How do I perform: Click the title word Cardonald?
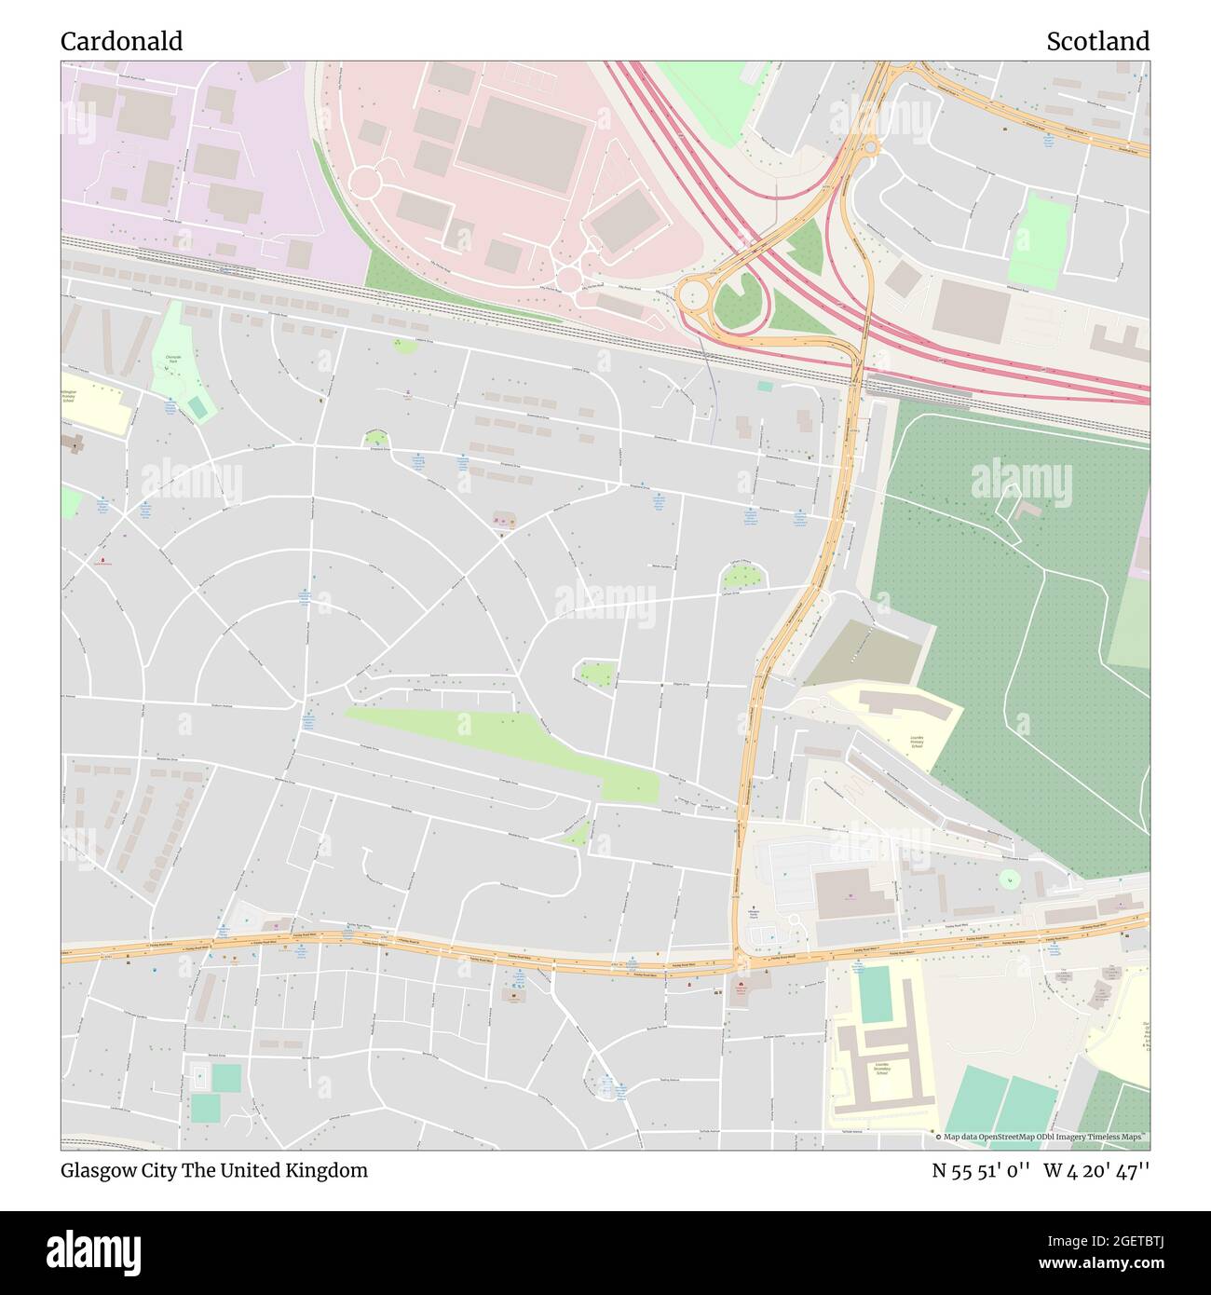121,41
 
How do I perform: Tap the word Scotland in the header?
1096,41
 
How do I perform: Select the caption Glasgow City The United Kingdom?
214,1170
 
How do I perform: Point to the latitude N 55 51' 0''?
980,1170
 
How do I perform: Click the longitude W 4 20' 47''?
1096,1170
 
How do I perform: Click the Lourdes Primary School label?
917,742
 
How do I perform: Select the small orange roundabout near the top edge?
870,145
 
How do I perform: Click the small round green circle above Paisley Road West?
1008,878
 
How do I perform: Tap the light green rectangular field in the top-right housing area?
1040,239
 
